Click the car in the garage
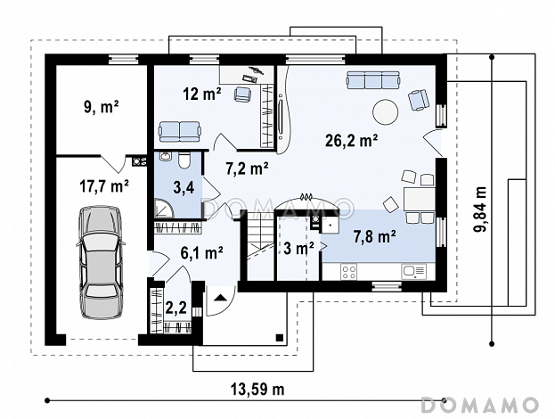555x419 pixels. coord(101,262)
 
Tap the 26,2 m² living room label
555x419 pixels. coord(351,141)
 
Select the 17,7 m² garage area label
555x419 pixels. coord(104,186)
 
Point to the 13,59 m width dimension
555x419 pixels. coord(257,390)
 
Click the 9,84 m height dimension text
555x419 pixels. coord(480,209)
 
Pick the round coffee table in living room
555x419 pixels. coord(386,112)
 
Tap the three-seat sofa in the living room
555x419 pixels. coord(373,79)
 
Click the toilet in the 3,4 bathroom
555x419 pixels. coord(184,160)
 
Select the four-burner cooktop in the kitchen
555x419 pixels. coord(348,272)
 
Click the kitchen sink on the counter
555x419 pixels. coord(413,272)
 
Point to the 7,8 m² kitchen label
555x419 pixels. coord(375,236)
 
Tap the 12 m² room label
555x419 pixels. coord(202,94)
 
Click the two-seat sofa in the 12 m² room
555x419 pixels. coord(179,131)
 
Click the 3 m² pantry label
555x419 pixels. coord(298,249)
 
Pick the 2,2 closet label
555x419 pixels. coord(175,308)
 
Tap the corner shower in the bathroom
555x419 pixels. coord(164,208)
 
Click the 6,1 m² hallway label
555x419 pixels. coord(201,253)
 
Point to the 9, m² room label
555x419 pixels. coord(102,107)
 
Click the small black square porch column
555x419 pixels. coord(280,337)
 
